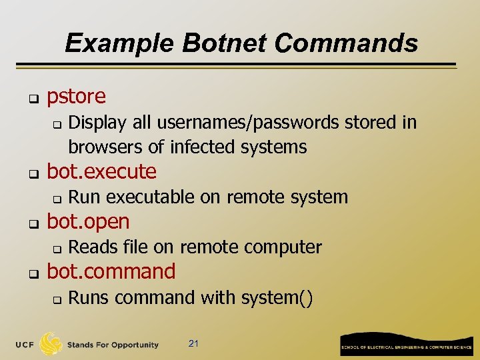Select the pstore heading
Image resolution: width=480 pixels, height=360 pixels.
point(76,97)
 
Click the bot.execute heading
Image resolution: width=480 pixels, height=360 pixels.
point(101,172)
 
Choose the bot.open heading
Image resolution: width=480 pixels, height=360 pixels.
point(88,221)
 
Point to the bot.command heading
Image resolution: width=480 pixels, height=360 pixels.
point(111,271)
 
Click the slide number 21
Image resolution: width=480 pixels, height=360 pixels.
point(194,344)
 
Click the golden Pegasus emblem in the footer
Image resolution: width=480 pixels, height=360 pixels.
point(51,344)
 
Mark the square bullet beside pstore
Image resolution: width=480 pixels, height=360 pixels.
point(31,99)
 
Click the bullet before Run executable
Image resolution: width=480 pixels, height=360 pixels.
point(57,199)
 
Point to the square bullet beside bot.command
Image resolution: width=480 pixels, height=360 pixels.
point(31,274)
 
